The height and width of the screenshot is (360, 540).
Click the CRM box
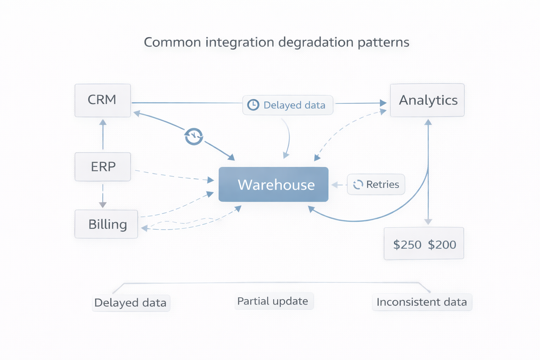102,100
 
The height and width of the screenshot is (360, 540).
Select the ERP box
103,167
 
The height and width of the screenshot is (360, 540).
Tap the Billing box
106,224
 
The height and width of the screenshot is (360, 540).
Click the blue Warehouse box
274,185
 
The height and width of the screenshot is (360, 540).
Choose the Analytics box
427,100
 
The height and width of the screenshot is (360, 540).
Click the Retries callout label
382,185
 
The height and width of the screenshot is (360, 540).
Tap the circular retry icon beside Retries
358,185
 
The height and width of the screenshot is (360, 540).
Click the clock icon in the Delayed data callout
253,105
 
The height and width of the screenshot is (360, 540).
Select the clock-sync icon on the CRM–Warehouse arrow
194,136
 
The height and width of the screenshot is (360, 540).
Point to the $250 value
407,245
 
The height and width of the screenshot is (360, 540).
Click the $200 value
442,245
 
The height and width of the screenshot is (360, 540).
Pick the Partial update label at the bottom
273,301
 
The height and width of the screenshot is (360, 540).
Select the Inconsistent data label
422,302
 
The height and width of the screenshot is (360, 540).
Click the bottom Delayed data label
130,303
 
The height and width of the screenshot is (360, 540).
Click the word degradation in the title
316,42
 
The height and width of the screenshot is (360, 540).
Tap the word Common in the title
172,42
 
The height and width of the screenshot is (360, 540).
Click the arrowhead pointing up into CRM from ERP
103,122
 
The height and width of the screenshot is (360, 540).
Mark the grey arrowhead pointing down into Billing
103,205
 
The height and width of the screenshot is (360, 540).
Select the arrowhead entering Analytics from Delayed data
383,103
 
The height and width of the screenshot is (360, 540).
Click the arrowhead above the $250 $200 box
428,221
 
